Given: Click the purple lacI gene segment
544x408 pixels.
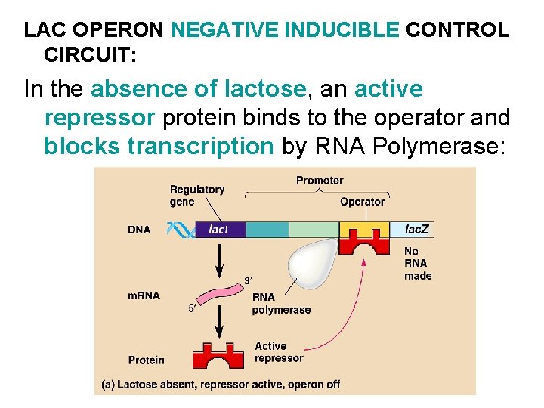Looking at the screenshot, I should pyautogui.click(x=220, y=230).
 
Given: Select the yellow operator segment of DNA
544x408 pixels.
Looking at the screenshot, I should pyautogui.click(x=364, y=229).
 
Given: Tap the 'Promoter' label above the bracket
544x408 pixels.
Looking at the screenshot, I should pyautogui.click(x=319, y=181).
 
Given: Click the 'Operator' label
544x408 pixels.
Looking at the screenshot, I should pyautogui.click(x=362, y=202).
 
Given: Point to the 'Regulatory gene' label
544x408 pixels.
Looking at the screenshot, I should pyautogui.click(x=196, y=196).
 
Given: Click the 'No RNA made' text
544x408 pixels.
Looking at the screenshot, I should pyautogui.click(x=418, y=263).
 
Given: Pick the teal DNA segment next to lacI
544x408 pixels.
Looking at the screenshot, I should pyautogui.click(x=267, y=230).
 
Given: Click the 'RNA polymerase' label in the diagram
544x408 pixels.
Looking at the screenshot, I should pyautogui.click(x=281, y=304).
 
